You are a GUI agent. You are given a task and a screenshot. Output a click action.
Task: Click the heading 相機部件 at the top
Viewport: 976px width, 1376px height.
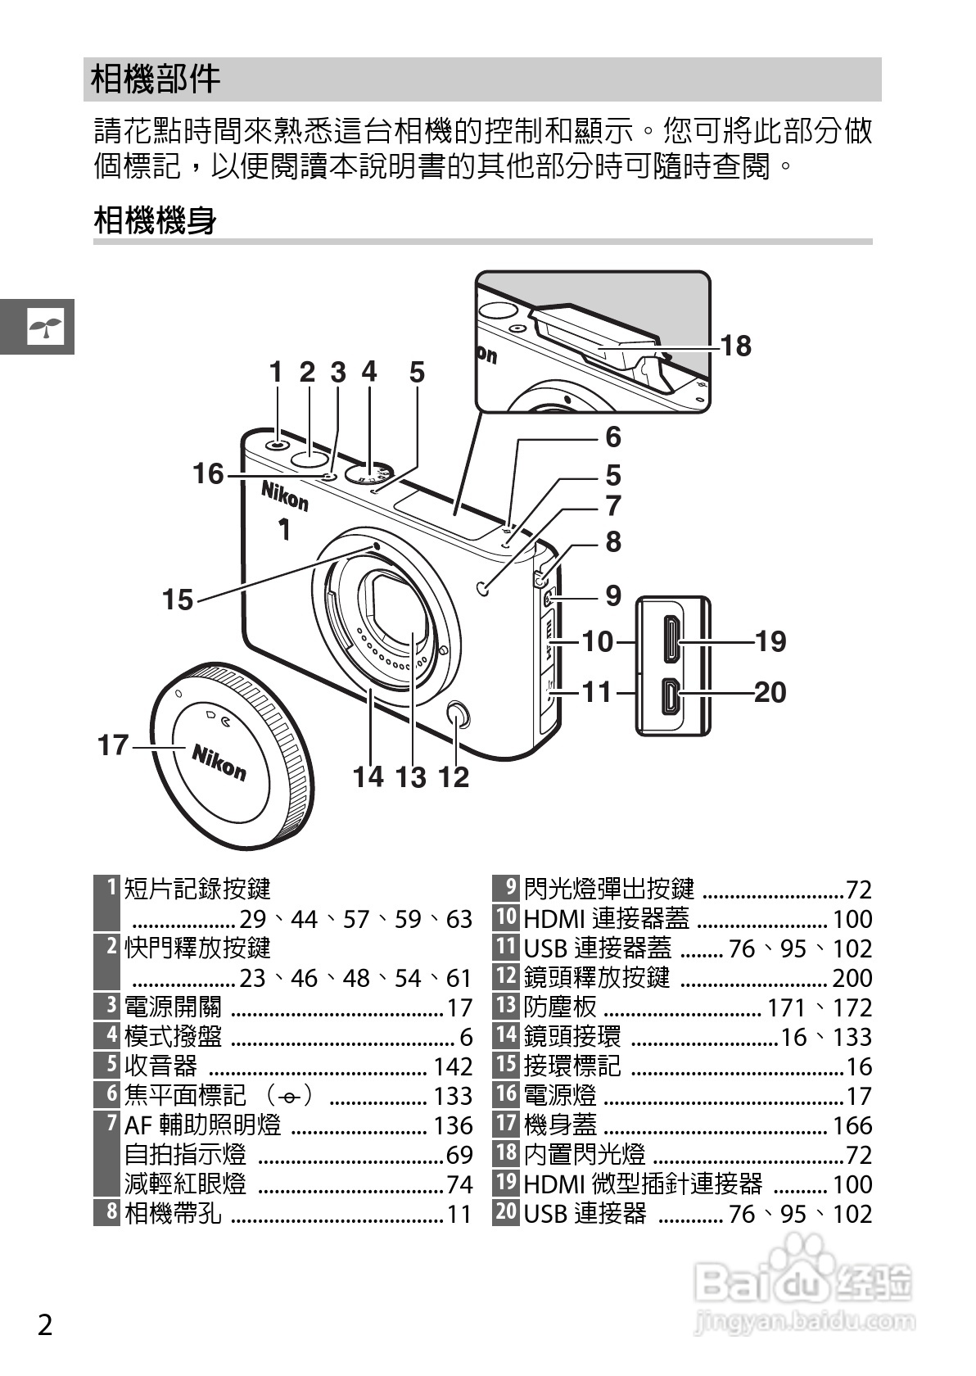pos(156,79)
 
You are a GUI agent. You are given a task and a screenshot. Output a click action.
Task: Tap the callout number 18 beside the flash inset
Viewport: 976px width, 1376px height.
pos(735,346)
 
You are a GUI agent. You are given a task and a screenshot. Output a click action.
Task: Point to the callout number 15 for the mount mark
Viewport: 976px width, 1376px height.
pos(177,600)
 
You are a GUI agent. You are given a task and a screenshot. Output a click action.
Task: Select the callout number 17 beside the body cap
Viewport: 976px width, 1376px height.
pos(113,745)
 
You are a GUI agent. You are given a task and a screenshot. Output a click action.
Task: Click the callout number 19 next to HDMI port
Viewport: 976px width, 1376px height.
pos(770,641)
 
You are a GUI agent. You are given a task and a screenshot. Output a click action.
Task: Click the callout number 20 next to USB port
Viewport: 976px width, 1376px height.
pos(770,693)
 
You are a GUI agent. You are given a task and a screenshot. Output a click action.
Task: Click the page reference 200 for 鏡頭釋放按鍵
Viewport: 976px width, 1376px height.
pos(852,977)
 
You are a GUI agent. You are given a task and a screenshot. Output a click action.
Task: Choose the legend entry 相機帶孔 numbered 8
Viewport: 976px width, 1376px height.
pos(173,1213)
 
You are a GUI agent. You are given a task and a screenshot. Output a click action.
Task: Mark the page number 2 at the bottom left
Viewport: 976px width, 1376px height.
pos(45,1324)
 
